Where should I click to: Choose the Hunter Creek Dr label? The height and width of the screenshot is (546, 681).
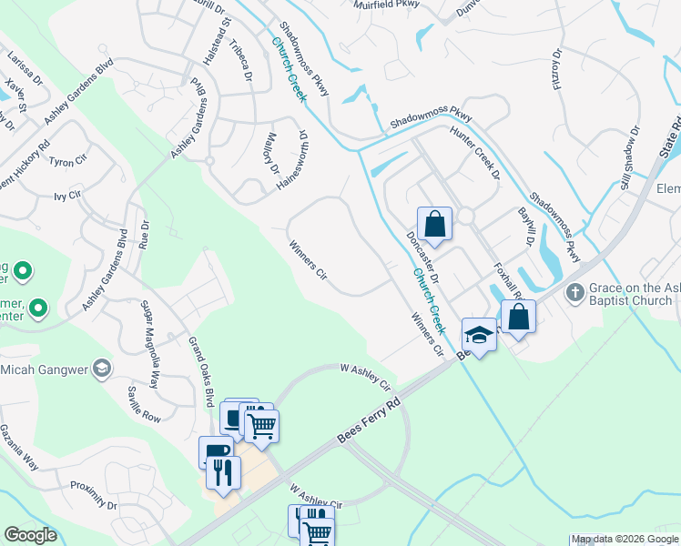click(475, 152)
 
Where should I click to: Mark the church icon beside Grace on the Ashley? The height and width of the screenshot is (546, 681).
click(574, 293)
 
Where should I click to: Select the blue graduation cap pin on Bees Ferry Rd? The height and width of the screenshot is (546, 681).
click(480, 334)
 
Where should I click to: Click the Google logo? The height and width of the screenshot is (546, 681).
click(31, 535)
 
